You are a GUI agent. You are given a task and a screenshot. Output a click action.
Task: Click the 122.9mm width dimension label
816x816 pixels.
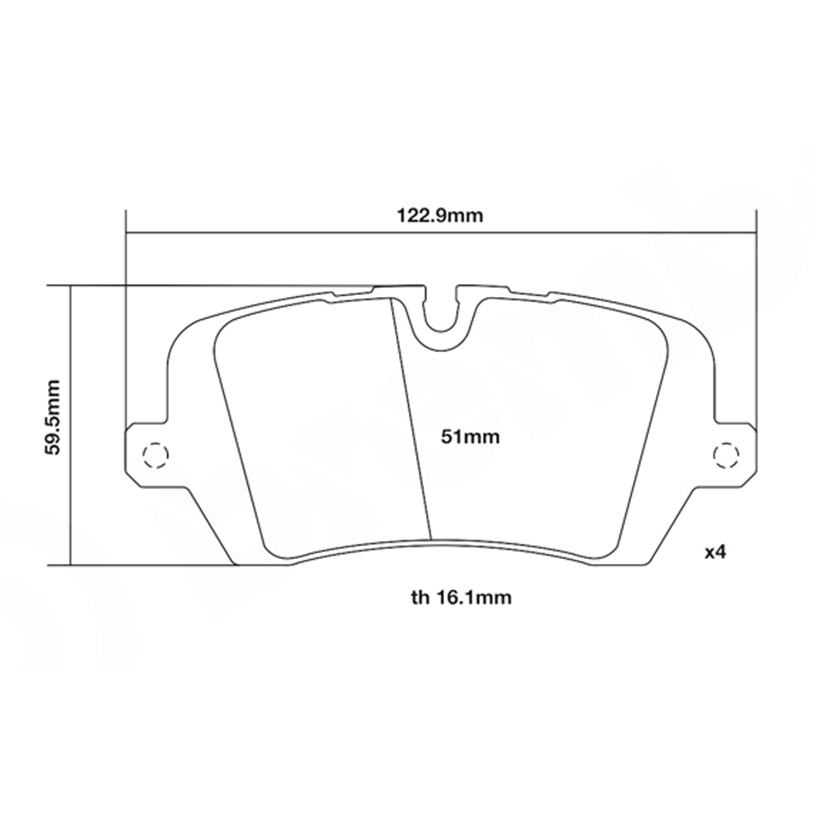[441, 216]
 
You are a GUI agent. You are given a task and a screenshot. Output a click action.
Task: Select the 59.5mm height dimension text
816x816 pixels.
[55, 424]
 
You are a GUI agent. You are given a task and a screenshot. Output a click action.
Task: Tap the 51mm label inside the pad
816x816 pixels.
[469, 437]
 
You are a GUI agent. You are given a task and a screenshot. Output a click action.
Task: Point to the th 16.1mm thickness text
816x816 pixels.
[461, 598]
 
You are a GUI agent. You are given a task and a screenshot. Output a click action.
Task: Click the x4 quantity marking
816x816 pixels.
[715, 552]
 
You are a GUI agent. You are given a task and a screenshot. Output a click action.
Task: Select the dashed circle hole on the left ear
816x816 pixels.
[153, 454]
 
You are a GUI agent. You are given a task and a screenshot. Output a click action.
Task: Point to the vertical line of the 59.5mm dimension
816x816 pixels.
[72, 490]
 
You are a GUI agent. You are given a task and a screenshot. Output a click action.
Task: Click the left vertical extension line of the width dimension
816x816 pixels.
[126, 326]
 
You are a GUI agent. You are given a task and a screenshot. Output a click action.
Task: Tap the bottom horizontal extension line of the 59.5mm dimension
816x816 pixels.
[147, 564]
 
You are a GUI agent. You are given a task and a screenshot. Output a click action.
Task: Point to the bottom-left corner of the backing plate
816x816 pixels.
[235, 562]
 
